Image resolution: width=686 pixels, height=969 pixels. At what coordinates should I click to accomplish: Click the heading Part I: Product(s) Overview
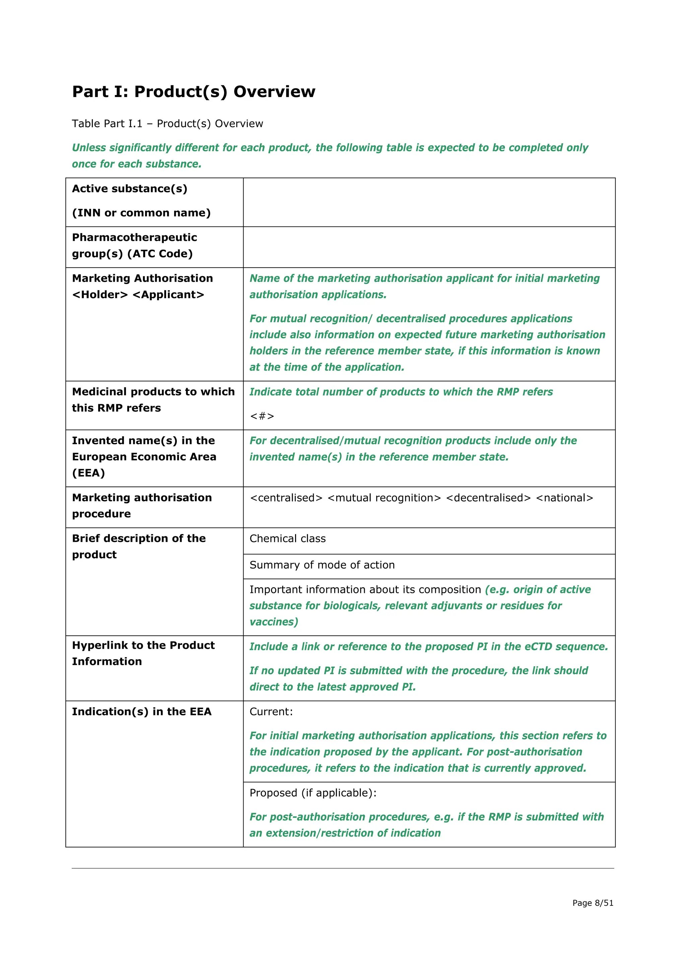[x=194, y=92]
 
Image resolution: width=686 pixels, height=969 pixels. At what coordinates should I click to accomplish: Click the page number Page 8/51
[x=593, y=903]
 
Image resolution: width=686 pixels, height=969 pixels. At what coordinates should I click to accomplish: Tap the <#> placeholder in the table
[x=262, y=416]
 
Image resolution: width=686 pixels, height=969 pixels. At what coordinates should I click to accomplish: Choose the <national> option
[x=564, y=498]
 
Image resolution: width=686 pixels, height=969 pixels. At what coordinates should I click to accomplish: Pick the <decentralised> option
[x=488, y=498]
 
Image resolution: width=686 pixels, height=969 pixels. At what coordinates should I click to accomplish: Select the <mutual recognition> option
[x=384, y=498]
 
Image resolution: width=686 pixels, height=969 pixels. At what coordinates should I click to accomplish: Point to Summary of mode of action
[x=322, y=565]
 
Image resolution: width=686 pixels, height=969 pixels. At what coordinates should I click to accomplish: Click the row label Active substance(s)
[x=130, y=189]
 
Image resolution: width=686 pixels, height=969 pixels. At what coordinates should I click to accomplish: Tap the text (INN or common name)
[x=141, y=213]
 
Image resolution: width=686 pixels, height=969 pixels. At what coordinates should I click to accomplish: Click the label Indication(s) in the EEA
[x=141, y=712]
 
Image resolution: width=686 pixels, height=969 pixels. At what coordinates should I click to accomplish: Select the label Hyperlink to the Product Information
[x=143, y=653]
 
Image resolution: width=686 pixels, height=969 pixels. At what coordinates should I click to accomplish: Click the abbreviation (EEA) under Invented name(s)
[x=88, y=473]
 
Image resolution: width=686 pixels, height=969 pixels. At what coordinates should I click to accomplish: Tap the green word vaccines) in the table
[x=274, y=622]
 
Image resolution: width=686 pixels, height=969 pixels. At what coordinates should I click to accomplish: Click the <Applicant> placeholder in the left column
[x=168, y=294]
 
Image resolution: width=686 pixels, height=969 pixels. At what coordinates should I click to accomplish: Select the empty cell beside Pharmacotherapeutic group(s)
[x=429, y=247]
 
